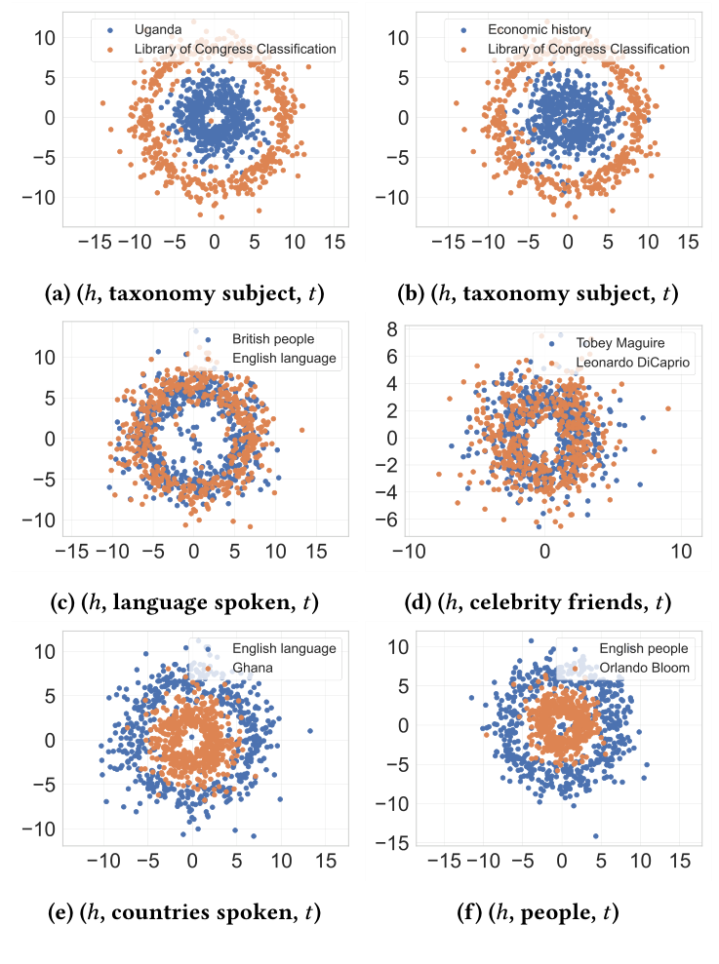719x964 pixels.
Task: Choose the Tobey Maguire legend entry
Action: tap(620, 343)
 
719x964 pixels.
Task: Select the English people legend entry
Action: tap(645, 648)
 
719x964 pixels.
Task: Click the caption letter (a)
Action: tap(64, 291)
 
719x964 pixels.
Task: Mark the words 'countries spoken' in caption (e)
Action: tap(191, 913)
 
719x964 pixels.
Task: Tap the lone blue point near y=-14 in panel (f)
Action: tap(595, 835)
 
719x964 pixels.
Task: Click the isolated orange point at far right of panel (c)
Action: tap(302, 429)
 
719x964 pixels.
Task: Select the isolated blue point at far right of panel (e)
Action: tap(309, 730)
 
